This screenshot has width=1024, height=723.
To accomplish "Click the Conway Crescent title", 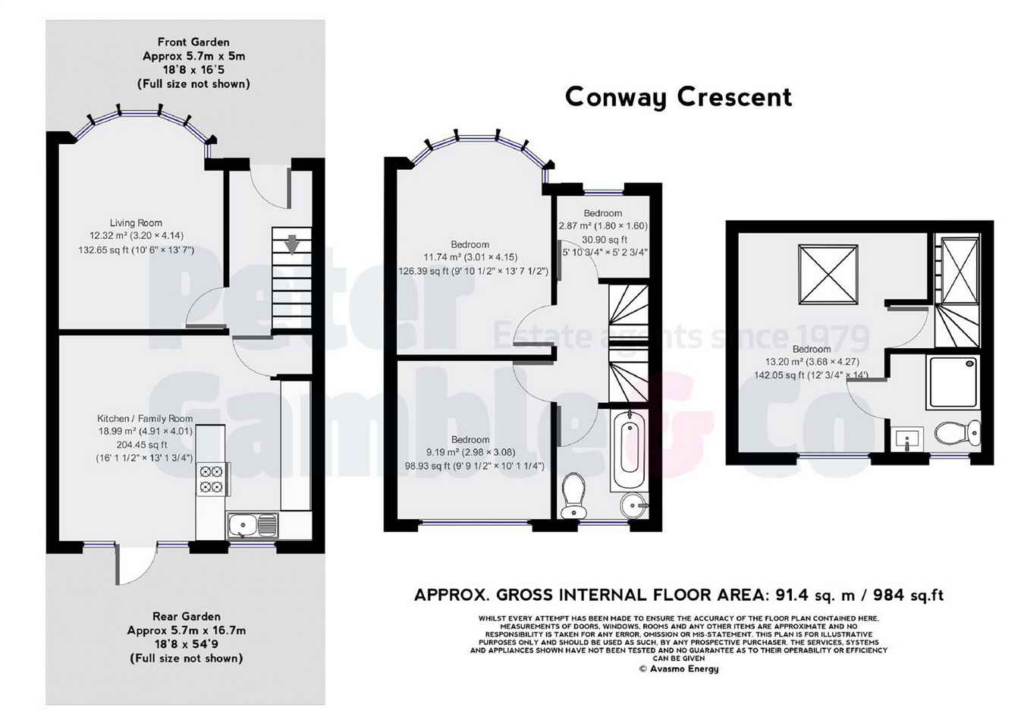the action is point(678,97).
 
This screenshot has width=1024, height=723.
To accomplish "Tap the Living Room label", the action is point(136,223).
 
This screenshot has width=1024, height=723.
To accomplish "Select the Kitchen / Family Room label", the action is point(145,419).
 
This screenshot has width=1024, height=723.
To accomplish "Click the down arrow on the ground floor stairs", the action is point(292,246).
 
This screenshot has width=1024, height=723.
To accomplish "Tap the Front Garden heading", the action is point(193,42).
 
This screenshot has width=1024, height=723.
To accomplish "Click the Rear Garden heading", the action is point(187,617).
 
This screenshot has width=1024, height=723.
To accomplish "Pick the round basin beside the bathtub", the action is point(633,506).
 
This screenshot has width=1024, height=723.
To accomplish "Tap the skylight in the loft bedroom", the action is point(828,274).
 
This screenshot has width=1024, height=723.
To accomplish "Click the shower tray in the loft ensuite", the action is point(953,383).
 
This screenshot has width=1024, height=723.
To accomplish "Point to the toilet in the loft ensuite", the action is point(957,433).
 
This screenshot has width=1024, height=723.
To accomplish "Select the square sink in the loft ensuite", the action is point(907,439).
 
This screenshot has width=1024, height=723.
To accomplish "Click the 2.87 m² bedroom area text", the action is point(603,226).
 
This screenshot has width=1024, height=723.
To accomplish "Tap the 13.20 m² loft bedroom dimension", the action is point(812,362).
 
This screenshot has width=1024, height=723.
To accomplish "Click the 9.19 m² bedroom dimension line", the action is point(471,453).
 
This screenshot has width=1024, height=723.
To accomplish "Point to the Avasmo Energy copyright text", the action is point(678,668).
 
